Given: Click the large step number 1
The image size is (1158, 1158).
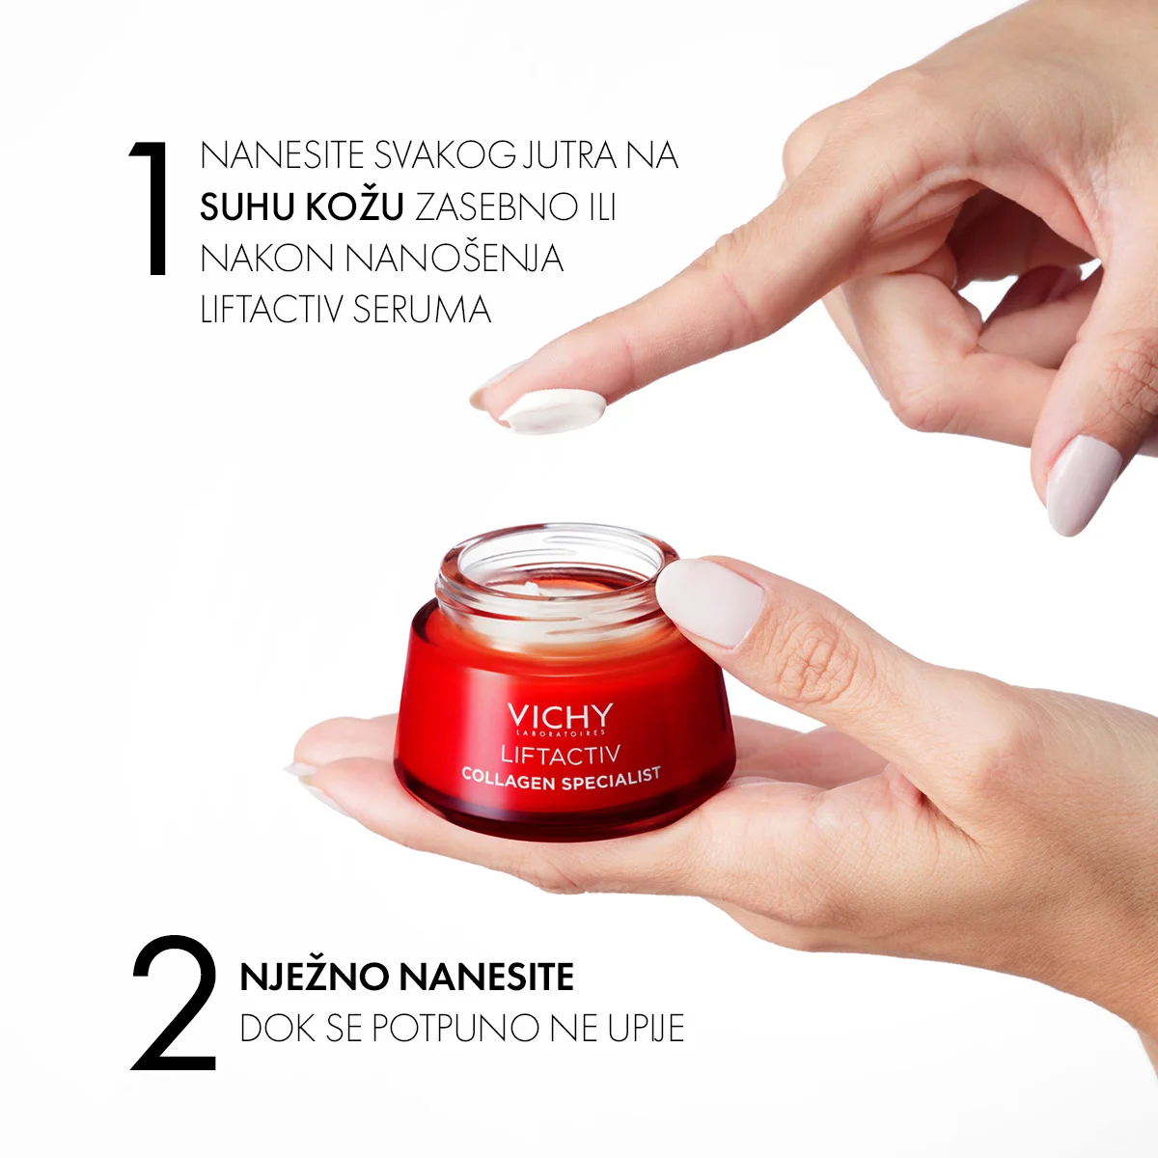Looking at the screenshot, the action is tap(151, 208).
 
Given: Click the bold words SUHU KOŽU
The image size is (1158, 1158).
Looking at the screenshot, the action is tap(302, 207).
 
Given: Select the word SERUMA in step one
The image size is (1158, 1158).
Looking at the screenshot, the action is tap(422, 310).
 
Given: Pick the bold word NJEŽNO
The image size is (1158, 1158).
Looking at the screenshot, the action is tap(315, 978).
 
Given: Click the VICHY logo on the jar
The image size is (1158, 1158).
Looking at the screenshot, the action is tap(560, 716).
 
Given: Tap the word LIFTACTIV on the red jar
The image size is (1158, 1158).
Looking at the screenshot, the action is tap(560, 755).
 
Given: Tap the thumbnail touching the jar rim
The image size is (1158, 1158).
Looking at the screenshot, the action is tap(709, 601).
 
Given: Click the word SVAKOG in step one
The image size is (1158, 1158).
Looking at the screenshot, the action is tap(445, 155).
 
